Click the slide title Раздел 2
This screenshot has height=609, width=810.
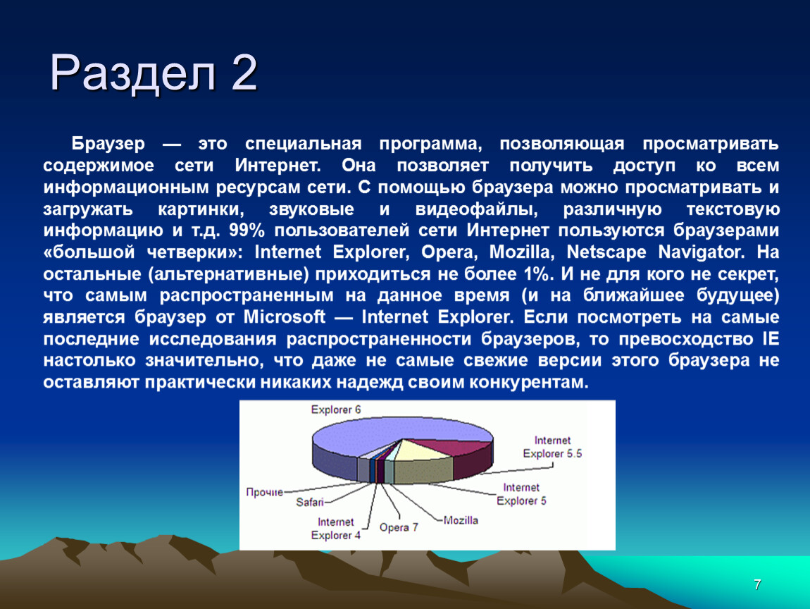(x=154, y=73)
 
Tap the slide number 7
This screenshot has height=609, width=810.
(x=757, y=585)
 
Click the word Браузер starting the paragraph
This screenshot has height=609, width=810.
(x=108, y=143)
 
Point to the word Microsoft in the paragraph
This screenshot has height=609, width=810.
(x=284, y=316)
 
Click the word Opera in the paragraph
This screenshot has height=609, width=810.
(x=449, y=252)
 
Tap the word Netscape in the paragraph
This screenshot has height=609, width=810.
(x=606, y=252)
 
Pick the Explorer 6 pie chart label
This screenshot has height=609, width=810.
(x=336, y=410)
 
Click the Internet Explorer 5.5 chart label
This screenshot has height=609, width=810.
(x=552, y=447)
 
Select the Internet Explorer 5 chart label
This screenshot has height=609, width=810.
(x=521, y=493)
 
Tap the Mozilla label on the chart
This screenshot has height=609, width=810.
(x=461, y=520)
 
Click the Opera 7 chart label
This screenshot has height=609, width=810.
(x=398, y=527)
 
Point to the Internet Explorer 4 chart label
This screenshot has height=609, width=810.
(x=336, y=529)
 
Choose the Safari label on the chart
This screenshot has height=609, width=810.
(x=310, y=502)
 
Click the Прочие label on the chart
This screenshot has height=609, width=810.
(x=265, y=492)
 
